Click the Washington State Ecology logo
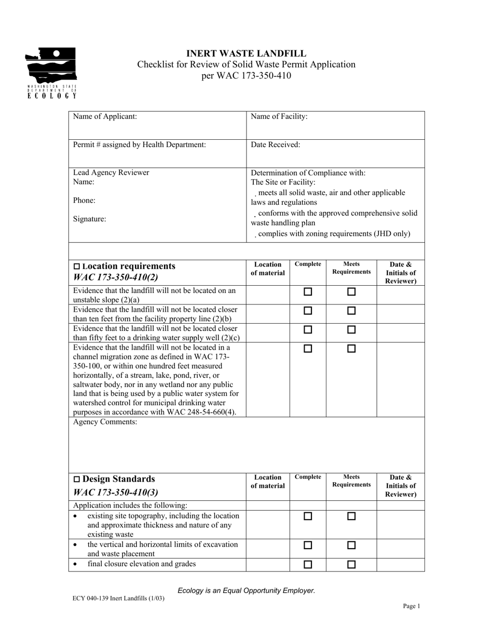click(52, 73)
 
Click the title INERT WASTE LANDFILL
click(246, 54)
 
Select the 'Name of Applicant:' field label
click(105, 116)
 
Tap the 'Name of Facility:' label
click(279, 116)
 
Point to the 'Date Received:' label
click(276, 144)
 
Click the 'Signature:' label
click(89, 219)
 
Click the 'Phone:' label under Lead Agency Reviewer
click(84, 200)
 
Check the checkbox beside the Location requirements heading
click(77, 267)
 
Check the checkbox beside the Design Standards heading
click(77, 479)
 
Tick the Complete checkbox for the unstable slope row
click(308, 292)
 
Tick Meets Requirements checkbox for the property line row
click(351, 311)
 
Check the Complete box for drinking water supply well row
click(308, 329)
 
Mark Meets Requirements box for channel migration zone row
click(351, 349)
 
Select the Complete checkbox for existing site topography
click(308, 516)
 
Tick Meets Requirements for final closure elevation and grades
click(351, 564)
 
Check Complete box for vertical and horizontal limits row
click(308, 545)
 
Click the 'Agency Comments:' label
click(105, 422)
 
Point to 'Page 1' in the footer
click(412, 606)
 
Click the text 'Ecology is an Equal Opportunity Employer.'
click(246, 590)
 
